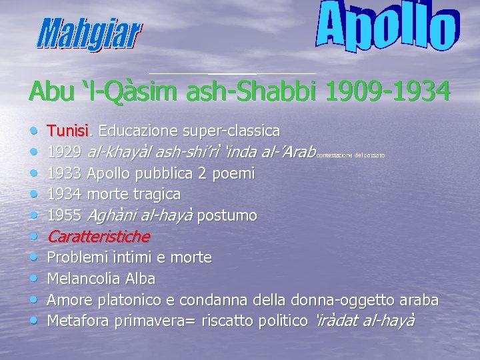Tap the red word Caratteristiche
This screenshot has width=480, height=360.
tap(99, 237)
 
